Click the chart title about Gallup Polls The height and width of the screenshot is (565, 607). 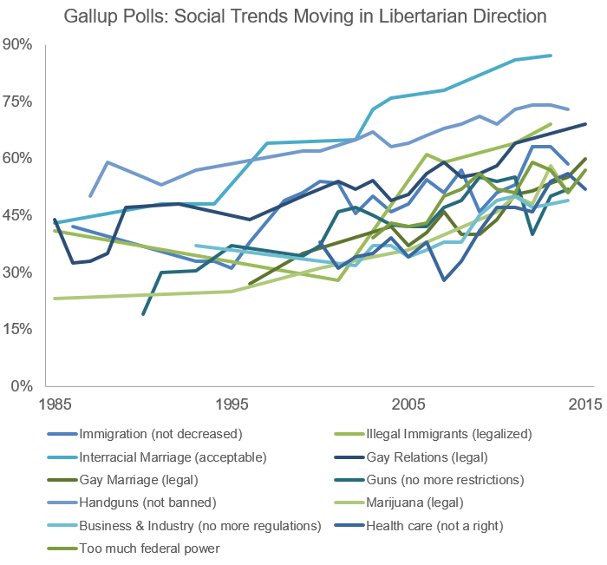coord(303,16)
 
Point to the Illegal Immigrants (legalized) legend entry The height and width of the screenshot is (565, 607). coord(444,433)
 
